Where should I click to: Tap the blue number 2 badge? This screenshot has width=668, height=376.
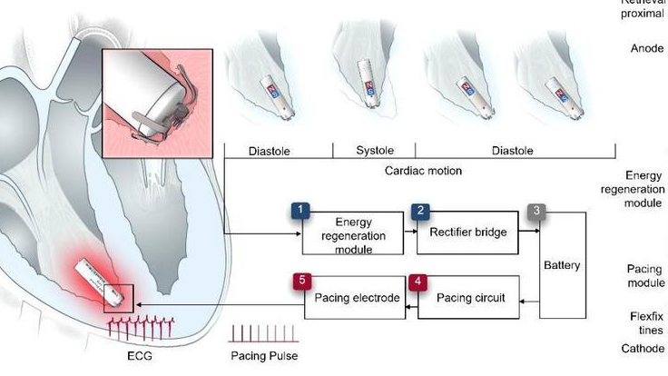coord(420,212)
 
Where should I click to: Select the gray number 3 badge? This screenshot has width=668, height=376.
coord(537,212)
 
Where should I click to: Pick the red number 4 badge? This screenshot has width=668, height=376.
coord(416,281)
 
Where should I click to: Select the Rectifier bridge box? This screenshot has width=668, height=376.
coord(467,233)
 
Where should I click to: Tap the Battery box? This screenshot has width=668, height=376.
coord(563,265)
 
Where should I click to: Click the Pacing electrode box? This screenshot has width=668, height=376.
coord(357,299)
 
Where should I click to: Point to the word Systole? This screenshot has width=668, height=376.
coord(373,151)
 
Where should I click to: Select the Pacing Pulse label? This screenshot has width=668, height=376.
coord(263,356)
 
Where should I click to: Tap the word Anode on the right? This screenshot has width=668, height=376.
coord(647,48)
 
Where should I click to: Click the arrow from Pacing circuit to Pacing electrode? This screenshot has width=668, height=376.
coord(409,309)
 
